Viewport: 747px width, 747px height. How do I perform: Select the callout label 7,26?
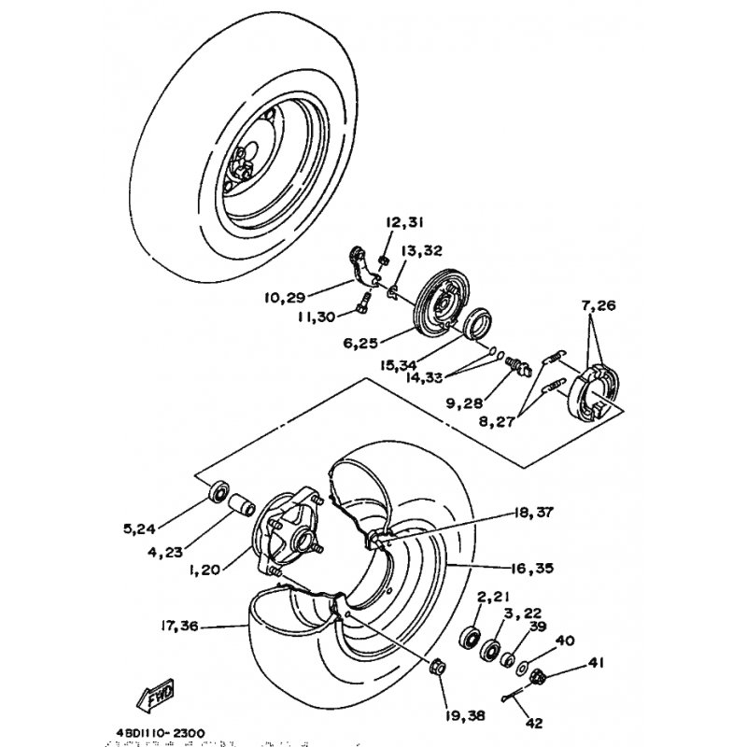pos(599,305)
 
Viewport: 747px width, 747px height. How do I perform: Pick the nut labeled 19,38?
pos(435,667)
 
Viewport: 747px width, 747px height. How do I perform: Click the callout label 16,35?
pos(505,566)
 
